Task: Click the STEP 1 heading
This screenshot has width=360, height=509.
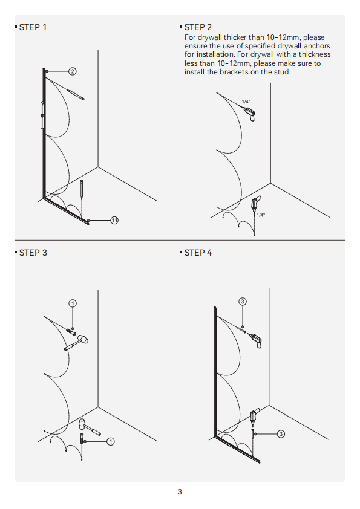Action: (33, 27)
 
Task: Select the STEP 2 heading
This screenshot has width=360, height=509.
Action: (198, 27)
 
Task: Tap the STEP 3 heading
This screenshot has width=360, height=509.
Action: (33, 253)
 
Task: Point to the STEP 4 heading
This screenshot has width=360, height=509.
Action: (198, 253)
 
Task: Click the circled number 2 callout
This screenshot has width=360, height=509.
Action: (73, 71)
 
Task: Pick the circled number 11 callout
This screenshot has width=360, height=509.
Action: (114, 221)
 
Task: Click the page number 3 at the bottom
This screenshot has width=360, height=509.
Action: (180, 492)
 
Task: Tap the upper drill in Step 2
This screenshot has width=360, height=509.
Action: (250, 114)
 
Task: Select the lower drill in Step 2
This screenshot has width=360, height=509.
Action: (255, 204)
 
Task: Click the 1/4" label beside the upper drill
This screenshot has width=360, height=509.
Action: (246, 102)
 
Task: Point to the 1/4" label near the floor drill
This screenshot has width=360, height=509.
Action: (261, 215)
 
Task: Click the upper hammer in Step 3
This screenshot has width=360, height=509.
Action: (77, 343)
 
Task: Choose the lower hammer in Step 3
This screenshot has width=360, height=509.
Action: (90, 427)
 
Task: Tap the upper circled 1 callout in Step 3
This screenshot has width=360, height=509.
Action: (73, 303)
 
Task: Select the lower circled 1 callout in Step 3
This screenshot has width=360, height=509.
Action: (111, 441)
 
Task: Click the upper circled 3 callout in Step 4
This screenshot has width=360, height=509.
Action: (243, 302)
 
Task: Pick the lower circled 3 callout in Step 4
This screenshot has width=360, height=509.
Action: (281, 434)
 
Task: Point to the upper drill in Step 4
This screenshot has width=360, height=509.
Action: (256, 340)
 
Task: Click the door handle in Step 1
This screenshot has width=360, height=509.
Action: (42, 115)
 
